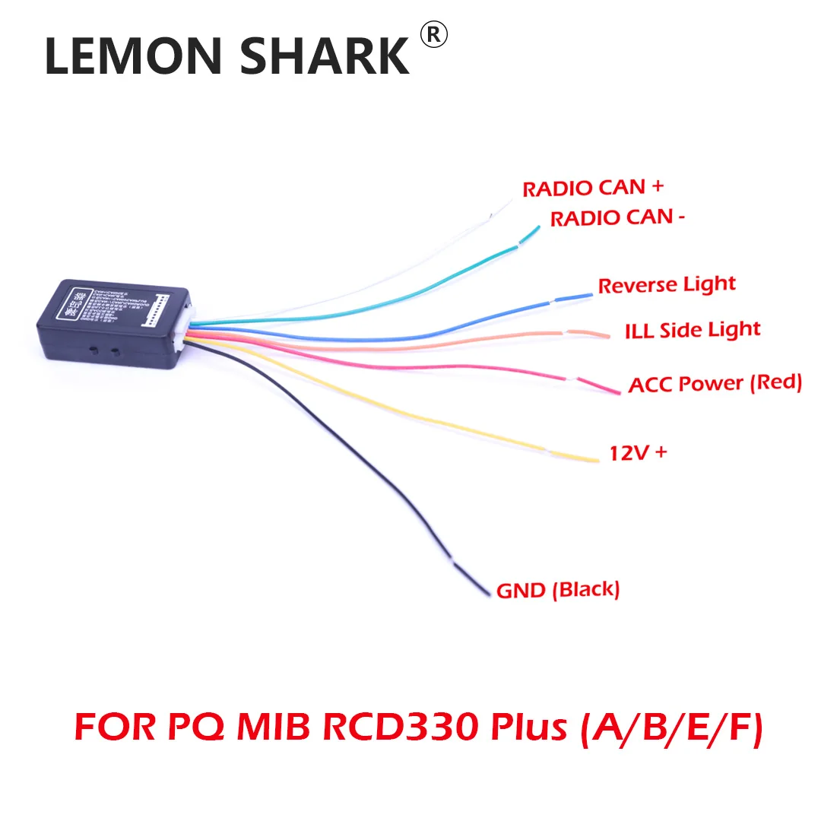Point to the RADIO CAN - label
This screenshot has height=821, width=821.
(617, 218)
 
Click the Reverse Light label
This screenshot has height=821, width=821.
(667, 285)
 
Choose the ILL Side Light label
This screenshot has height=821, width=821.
(692, 331)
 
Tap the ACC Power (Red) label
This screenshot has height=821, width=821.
(715, 382)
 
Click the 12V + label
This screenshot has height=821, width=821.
(639, 453)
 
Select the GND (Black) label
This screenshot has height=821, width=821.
(558, 589)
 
